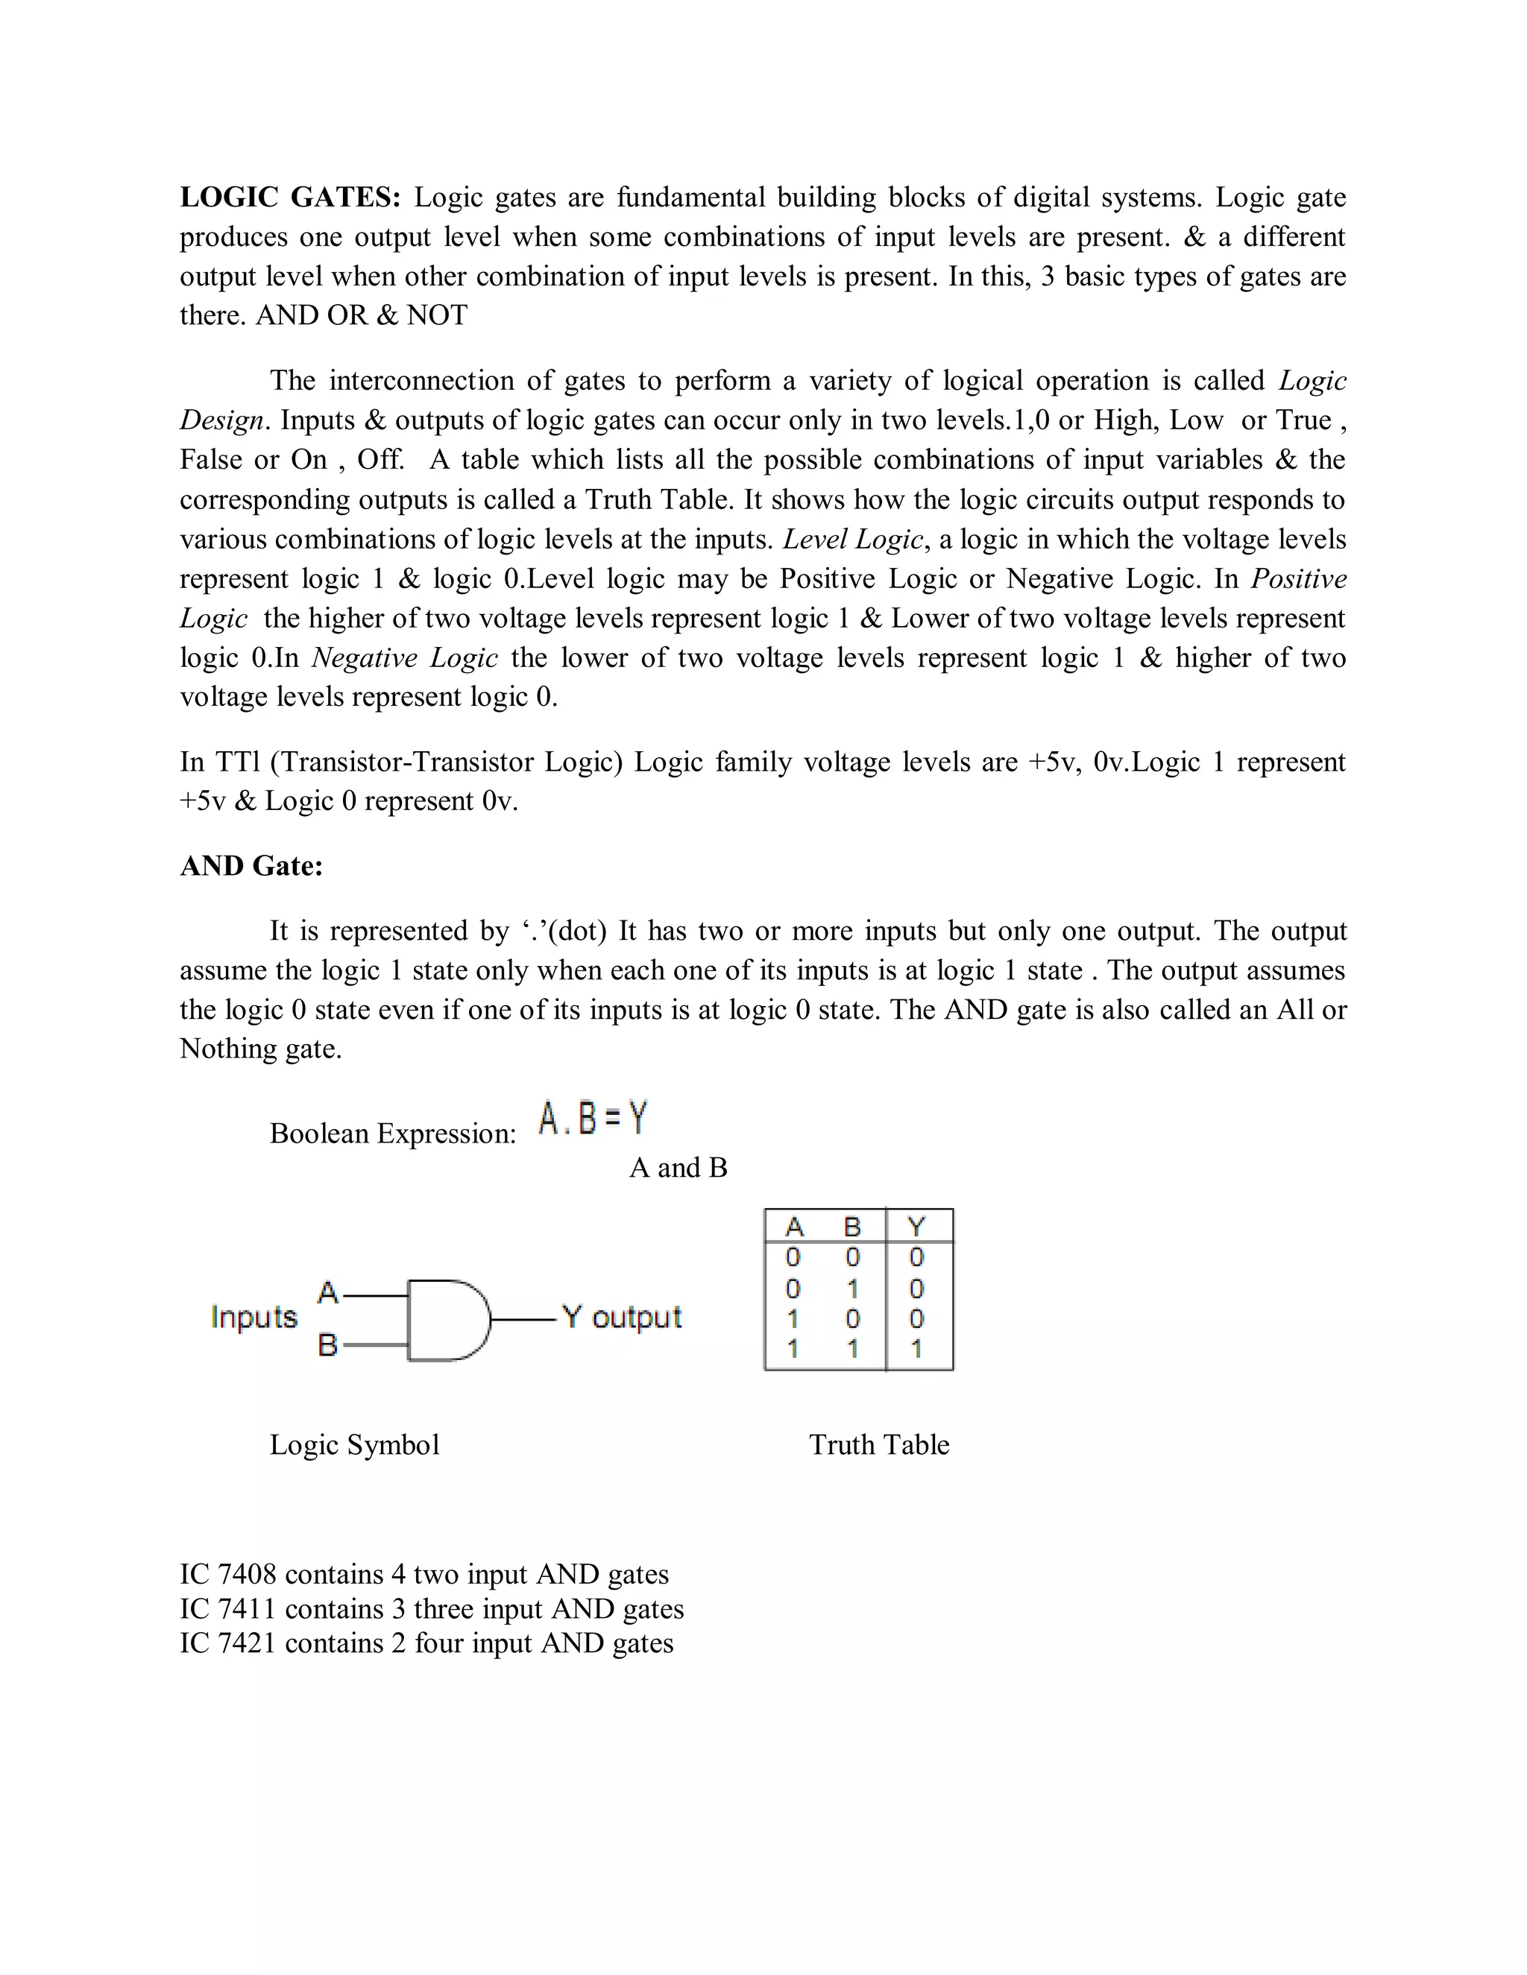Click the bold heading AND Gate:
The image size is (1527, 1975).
(x=251, y=865)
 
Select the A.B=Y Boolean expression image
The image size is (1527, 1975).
(x=594, y=1119)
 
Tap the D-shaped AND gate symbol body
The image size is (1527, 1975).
(x=446, y=1321)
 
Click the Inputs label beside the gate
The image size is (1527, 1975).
(x=254, y=1317)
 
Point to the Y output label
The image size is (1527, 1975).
(x=622, y=1317)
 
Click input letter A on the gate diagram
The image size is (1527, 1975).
(x=327, y=1293)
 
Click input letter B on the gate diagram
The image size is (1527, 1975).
(x=327, y=1345)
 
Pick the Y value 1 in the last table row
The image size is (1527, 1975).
(x=916, y=1349)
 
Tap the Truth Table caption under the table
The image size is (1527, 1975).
(x=878, y=1444)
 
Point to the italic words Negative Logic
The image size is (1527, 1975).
(x=404, y=657)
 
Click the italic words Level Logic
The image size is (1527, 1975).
(x=853, y=539)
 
